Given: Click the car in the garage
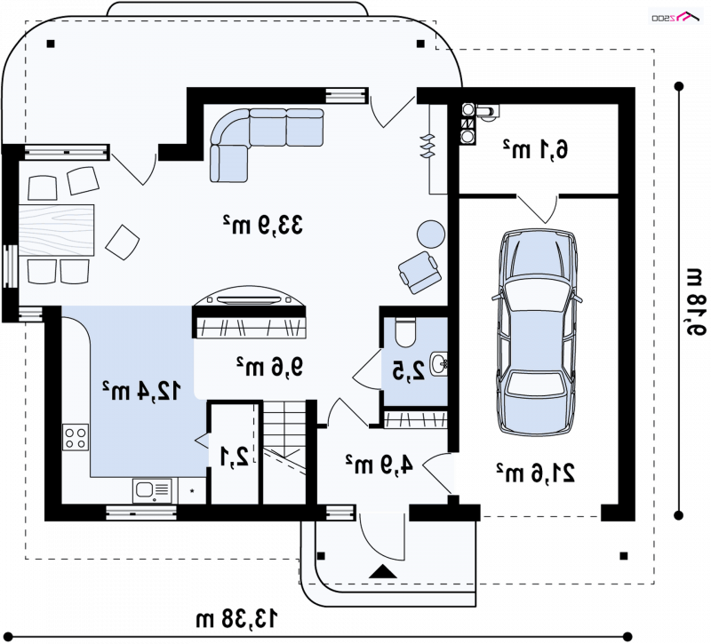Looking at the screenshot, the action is pyautogui.click(x=537, y=332).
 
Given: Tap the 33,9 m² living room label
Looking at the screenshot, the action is pyautogui.click(x=262, y=225).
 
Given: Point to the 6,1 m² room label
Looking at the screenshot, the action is pyautogui.click(x=535, y=149).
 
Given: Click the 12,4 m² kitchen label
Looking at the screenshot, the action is pyautogui.click(x=141, y=391).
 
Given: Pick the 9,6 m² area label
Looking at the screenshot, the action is pyautogui.click(x=270, y=367).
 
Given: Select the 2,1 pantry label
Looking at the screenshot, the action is pyautogui.click(x=235, y=457).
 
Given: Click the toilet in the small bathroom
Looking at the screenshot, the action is pyautogui.click(x=405, y=332).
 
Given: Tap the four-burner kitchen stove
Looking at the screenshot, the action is pyautogui.click(x=76, y=437).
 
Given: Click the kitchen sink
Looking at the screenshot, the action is pyautogui.click(x=152, y=490).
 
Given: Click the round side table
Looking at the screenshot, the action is pyautogui.click(x=431, y=234).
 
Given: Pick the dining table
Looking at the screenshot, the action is pyautogui.click(x=56, y=230).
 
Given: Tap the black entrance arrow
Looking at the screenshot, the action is pyautogui.click(x=383, y=571).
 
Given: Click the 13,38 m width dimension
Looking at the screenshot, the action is pyautogui.click(x=236, y=618).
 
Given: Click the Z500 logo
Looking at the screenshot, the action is pyautogui.click(x=676, y=17).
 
